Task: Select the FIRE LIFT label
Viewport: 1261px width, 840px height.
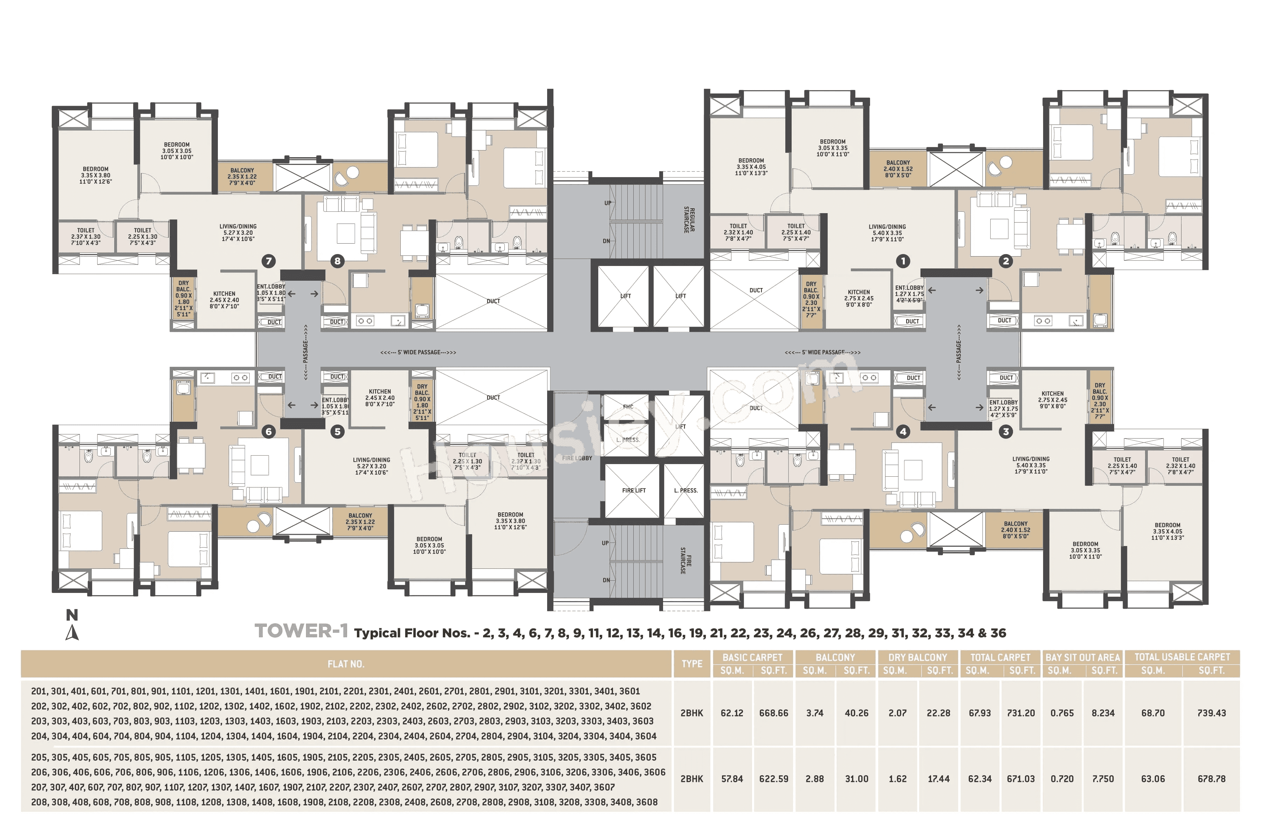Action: click(x=634, y=490)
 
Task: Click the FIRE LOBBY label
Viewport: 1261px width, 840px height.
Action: click(x=577, y=458)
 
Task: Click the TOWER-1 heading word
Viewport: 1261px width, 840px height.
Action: click(x=301, y=631)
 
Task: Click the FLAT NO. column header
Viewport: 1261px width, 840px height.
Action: click(x=346, y=664)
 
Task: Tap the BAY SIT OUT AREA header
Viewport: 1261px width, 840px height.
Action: click(x=1082, y=657)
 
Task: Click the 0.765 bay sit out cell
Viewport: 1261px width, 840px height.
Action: click(x=1062, y=713)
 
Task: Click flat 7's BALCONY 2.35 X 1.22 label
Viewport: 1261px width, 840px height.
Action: click(x=242, y=176)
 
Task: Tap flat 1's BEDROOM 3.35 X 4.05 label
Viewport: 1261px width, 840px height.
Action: click(x=751, y=167)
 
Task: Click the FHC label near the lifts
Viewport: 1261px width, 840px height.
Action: click(x=628, y=407)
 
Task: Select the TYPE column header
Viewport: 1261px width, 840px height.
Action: click(x=691, y=664)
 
